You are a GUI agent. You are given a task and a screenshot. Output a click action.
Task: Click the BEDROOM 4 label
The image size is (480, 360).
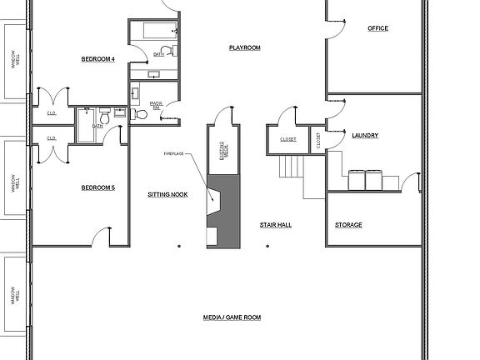click(97, 58)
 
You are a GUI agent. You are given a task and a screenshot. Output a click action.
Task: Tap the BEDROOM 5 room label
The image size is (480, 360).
click(97, 187)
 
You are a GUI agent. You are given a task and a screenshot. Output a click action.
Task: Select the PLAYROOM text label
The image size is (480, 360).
click(245, 47)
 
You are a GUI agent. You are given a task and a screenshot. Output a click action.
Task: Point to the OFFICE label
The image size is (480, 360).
click(377, 28)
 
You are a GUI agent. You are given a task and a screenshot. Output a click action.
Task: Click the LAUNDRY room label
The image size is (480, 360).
click(366, 135)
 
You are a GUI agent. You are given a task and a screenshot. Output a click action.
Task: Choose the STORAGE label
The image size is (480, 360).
click(348, 225)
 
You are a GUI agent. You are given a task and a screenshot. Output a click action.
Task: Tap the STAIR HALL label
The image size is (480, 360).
click(275, 225)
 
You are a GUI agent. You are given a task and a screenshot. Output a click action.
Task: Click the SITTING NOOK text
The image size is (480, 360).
click(167, 193)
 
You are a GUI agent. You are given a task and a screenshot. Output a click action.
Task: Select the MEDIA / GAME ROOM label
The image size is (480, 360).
click(232, 317)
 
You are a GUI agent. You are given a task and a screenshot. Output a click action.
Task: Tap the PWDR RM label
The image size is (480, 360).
click(156, 105)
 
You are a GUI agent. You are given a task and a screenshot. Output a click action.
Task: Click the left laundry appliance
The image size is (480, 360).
click(356, 179)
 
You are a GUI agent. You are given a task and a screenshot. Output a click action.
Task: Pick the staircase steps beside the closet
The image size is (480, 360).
click(290, 167)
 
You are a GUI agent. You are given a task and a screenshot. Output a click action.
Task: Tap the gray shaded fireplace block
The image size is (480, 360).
click(226, 212)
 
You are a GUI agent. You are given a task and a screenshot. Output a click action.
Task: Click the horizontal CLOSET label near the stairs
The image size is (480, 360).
click(288, 139)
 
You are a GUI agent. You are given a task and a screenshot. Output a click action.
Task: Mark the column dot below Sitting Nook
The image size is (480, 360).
click(179, 246)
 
